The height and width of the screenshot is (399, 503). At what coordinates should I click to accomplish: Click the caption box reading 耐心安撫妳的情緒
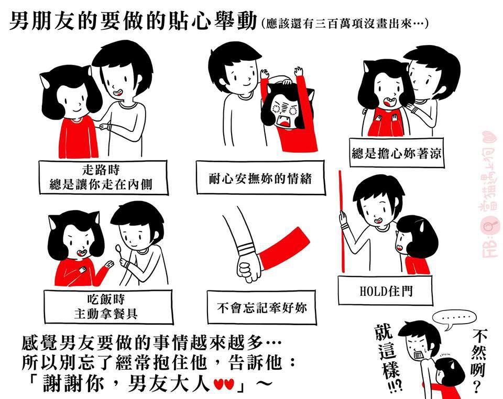(x=260, y=178)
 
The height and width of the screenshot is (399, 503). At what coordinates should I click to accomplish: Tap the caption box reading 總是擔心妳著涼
(x=397, y=152)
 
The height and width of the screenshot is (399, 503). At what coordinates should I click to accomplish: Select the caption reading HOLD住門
(x=385, y=291)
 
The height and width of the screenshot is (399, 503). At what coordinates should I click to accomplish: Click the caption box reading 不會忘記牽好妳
(x=261, y=307)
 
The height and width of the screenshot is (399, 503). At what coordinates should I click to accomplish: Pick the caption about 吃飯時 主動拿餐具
(x=108, y=307)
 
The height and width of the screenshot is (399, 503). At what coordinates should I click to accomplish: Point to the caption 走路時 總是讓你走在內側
(x=103, y=177)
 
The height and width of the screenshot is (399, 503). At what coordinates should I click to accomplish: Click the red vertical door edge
(x=342, y=221)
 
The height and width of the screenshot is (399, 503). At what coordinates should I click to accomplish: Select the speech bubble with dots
(x=454, y=319)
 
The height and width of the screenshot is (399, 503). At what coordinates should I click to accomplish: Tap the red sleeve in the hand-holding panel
(x=282, y=248)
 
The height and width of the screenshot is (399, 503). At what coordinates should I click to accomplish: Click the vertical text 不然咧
(x=478, y=361)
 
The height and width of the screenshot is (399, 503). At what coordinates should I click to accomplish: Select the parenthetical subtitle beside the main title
(x=345, y=24)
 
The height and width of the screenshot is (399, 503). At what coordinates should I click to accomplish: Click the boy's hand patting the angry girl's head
(x=286, y=81)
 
